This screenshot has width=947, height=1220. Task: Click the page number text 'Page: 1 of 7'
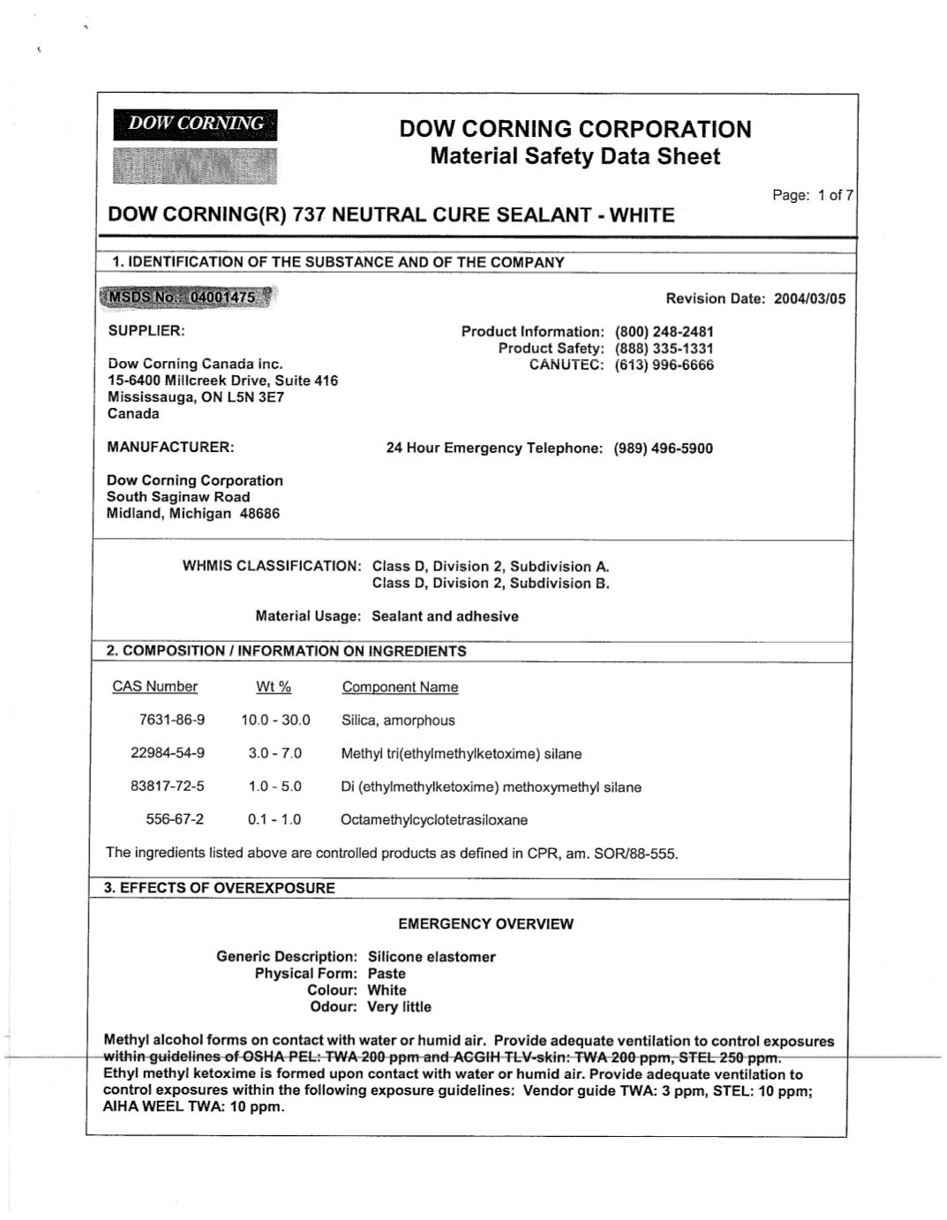pos(812,195)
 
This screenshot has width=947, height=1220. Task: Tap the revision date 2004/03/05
pos(809,298)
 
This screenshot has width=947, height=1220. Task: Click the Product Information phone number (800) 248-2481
pos(664,332)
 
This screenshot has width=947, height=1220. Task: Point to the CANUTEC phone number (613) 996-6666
pos(664,365)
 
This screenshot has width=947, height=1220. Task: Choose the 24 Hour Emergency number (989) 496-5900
pos(663,448)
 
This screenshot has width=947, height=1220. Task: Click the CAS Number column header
pos(154,687)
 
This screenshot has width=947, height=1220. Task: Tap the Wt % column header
pos(274,687)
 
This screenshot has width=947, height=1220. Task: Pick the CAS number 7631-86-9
pos(171,720)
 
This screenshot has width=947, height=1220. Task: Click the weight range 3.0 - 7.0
pos(274,754)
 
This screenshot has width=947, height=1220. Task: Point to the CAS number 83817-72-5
pos(167,787)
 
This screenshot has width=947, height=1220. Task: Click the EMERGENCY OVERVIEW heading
pos(485,924)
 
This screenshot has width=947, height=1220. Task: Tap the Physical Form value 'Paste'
pos(387,974)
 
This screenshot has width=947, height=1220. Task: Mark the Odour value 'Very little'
pos(399,1007)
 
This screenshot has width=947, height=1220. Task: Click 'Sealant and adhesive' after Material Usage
pos(445,616)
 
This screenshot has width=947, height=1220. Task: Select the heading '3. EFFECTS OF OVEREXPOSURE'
pos(220,888)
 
